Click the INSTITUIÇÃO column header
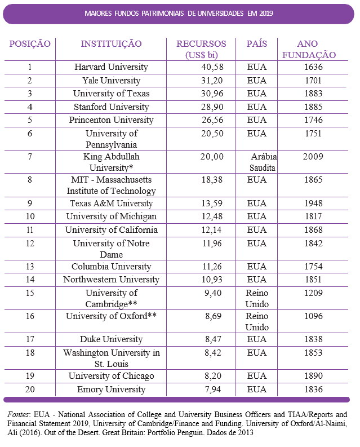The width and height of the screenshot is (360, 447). (x=111, y=44)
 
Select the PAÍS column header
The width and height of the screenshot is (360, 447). (x=257, y=44)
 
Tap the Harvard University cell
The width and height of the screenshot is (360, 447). (x=111, y=67)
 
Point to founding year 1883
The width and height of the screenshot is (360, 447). (x=313, y=94)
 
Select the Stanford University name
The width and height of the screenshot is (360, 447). (x=111, y=107)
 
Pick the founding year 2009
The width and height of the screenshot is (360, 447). (x=313, y=157)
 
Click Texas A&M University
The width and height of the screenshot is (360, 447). (x=111, y=203)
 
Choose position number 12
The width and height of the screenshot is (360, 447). (x=30, y=244)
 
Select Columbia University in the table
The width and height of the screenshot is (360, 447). (x=111, y=267)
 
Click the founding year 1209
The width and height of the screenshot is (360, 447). (x=313, y=293)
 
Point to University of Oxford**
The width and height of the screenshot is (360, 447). (x=111, y=316)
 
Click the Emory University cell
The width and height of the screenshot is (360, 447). (x=111, y=390)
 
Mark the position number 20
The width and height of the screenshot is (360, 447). (x=30, y=390)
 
